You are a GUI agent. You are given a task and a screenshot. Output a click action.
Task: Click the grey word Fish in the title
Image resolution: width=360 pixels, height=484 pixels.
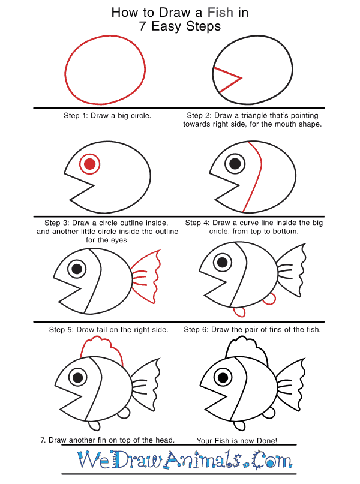coord(220,13)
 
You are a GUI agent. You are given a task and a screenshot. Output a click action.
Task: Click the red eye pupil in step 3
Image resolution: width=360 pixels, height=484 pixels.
coord(89,164)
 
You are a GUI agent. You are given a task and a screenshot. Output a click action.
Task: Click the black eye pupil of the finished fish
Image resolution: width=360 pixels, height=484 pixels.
coord(223,377)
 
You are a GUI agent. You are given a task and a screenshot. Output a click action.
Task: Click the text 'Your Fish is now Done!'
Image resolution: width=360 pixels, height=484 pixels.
coord(237,440)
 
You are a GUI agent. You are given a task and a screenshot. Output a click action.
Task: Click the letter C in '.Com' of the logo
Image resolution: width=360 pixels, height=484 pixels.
coord(258,459)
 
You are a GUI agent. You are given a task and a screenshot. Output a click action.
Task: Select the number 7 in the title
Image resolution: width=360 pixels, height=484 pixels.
coord(142,26)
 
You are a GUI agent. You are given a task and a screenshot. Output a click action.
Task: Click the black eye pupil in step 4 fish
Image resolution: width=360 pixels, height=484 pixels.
coord(235,163)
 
